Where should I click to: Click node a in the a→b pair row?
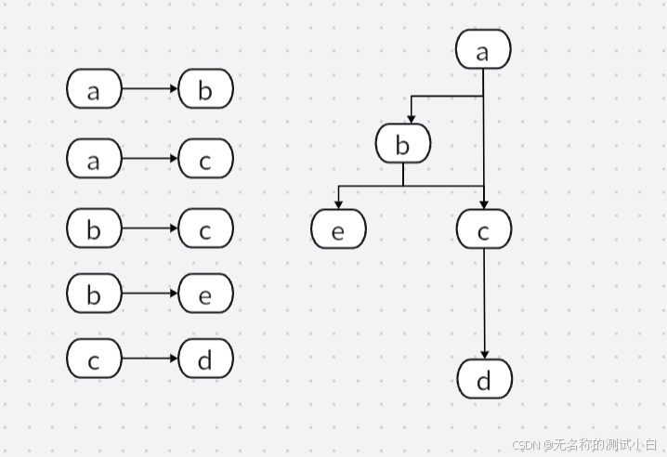tap(94, 90)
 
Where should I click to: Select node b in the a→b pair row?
tap(205, 90)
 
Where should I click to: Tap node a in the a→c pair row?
tap(94, 159)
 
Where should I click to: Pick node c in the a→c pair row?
tap(205, 159)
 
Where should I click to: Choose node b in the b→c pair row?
tap(94, 228)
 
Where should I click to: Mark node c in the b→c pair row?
tap(205, 228)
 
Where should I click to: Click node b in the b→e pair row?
tap(94, 294)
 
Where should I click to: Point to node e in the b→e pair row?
tap(205, 294)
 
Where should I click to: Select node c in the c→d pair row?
tap(94, 359)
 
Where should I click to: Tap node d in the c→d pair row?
tap(205, 359)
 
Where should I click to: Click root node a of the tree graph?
tap(483, 50)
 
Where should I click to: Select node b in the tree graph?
tap(403, 144)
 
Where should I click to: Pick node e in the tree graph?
tap(338, 229)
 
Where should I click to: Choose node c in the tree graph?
tap(484, 229)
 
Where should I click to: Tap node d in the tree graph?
tap(484, 379)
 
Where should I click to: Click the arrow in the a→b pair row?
tap(150, 90)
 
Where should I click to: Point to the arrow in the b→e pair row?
tap(150, 294)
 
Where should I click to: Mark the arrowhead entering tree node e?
tap(338, 206)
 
